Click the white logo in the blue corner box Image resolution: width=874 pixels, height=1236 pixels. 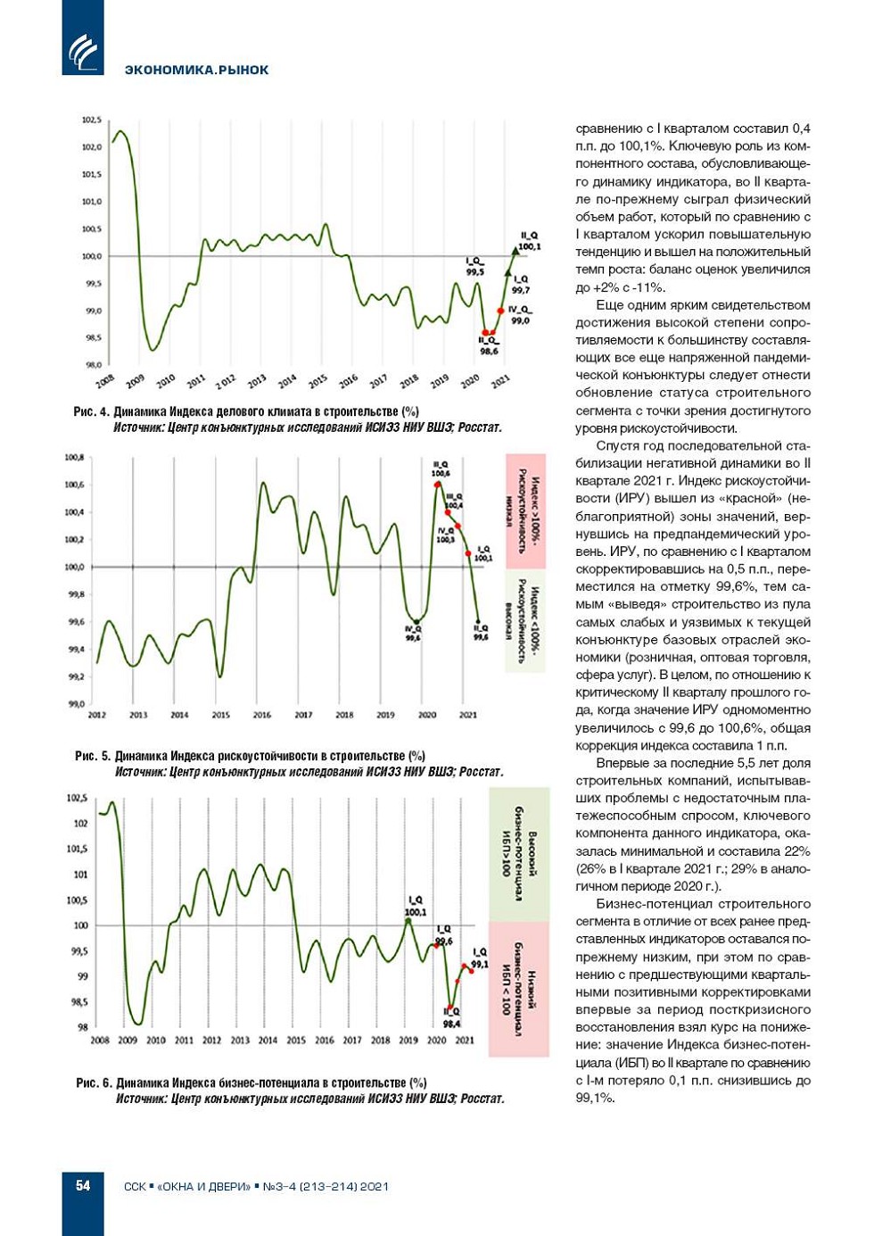coord(83,51)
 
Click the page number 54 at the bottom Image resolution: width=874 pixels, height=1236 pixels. coord(83,1185)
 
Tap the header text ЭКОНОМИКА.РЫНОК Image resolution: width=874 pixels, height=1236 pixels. coord(196,70)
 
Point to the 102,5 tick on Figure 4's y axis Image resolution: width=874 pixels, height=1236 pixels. coord(92,120)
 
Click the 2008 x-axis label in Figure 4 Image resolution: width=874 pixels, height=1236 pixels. coord(105,381)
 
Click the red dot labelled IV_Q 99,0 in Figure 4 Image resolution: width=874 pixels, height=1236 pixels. coord(500,311)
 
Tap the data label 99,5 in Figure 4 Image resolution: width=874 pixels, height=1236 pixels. coord(474,272)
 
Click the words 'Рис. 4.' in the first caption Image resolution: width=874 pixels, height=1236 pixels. coord(91,411)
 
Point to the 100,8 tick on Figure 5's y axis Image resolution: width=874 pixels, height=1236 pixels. coord(74,458)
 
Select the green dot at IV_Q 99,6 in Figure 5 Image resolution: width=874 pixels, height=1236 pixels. coord(416,622)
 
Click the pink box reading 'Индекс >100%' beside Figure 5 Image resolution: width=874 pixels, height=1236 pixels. coord(525,511)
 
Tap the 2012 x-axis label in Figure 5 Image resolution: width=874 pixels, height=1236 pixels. coord(97,715)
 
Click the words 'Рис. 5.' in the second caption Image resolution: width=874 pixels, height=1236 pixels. coord(92,756)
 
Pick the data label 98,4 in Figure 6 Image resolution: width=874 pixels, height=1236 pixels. coord(451,1024)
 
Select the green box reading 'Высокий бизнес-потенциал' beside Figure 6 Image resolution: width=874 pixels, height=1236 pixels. coord(519,855)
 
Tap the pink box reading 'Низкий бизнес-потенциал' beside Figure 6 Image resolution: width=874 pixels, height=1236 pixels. coord(519,990)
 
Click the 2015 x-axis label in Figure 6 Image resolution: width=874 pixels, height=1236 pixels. coord(296,1040)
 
